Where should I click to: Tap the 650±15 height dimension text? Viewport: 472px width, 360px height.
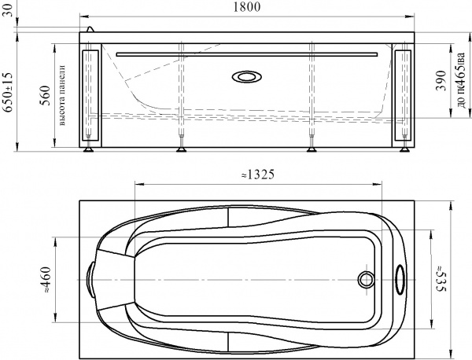coord(9,93)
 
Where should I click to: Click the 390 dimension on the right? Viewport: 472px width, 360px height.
coord(441,87)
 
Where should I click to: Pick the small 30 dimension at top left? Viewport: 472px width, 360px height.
coord(9,17)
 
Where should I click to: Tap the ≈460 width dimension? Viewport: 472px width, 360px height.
coord(46,278)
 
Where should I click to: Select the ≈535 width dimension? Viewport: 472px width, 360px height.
coord(441,278)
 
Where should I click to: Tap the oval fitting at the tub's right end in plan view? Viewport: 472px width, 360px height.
coord(399,278)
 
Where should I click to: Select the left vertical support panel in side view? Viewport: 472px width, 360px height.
coord(90,96)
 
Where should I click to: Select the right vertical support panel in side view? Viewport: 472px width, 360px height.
coord(402,96)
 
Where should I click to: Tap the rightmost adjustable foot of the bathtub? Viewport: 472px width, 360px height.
coord(402,147)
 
